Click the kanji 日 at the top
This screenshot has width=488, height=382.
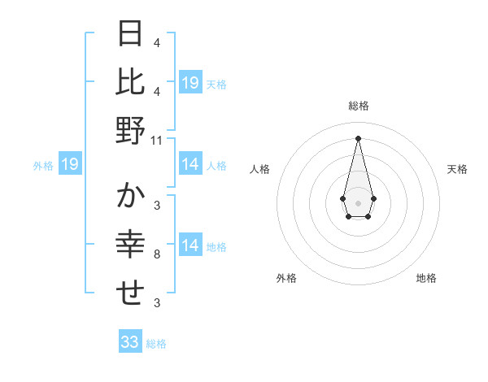pyautogui.click(x=131, y=33)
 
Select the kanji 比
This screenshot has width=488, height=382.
pyautogui.click(x=131, y=81)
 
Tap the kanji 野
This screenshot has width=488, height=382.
pyautogui.click(x=131, y=131)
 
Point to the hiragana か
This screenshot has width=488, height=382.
pyautogui.click(x=131, y=197)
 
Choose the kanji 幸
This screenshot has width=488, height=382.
pyautogui.click(x=131, y=245)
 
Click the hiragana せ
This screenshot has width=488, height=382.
pyautogui.click(x=131, y=294)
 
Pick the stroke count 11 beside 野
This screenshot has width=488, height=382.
pyautogui.click(x=157, y=140)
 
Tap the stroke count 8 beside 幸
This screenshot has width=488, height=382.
pyautogui.click(x=157, y=254)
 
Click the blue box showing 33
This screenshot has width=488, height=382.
pyautogui.click(x=130, y=342)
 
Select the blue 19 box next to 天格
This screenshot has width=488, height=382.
pyautogui.click(x=190, y=83)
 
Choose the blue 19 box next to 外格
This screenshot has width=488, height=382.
pyautogui.click(x=69, y=165)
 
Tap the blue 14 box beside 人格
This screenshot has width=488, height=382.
pyautogui.click(x=190, y=164)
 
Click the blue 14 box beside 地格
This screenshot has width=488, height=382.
pyautogui.click(x=190, y=245)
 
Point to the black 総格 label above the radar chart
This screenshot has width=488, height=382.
pyautogui.click(x=358, y=106)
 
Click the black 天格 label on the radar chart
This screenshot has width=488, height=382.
pyautogui.click(x=458, y=169)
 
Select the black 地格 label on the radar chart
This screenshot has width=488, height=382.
pyautogui.click(x=426, y=278)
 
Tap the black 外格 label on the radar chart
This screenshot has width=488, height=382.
pyautogui.click(x=286, y=278)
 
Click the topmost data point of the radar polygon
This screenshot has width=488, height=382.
pyautogui.click(x=358, y=137)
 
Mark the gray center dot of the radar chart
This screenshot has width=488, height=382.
pyautogui.click(x=358, y=202)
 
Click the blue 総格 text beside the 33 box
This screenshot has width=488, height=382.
pyautogui.click(x=156, y=344)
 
